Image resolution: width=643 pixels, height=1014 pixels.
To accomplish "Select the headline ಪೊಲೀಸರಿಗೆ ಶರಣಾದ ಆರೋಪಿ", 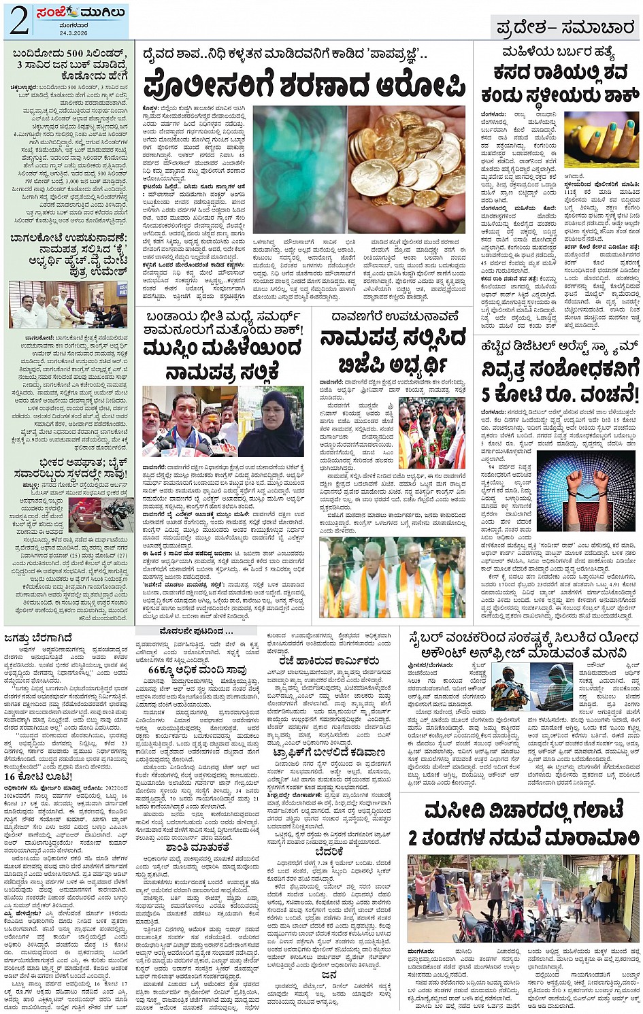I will [304, 87].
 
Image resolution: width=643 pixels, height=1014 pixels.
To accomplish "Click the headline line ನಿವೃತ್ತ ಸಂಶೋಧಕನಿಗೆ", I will [560, 369].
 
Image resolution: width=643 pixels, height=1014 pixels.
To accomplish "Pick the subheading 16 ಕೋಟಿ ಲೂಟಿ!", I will [39, 777].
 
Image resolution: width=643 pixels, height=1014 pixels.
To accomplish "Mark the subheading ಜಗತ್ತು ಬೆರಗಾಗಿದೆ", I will [39, 638].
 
